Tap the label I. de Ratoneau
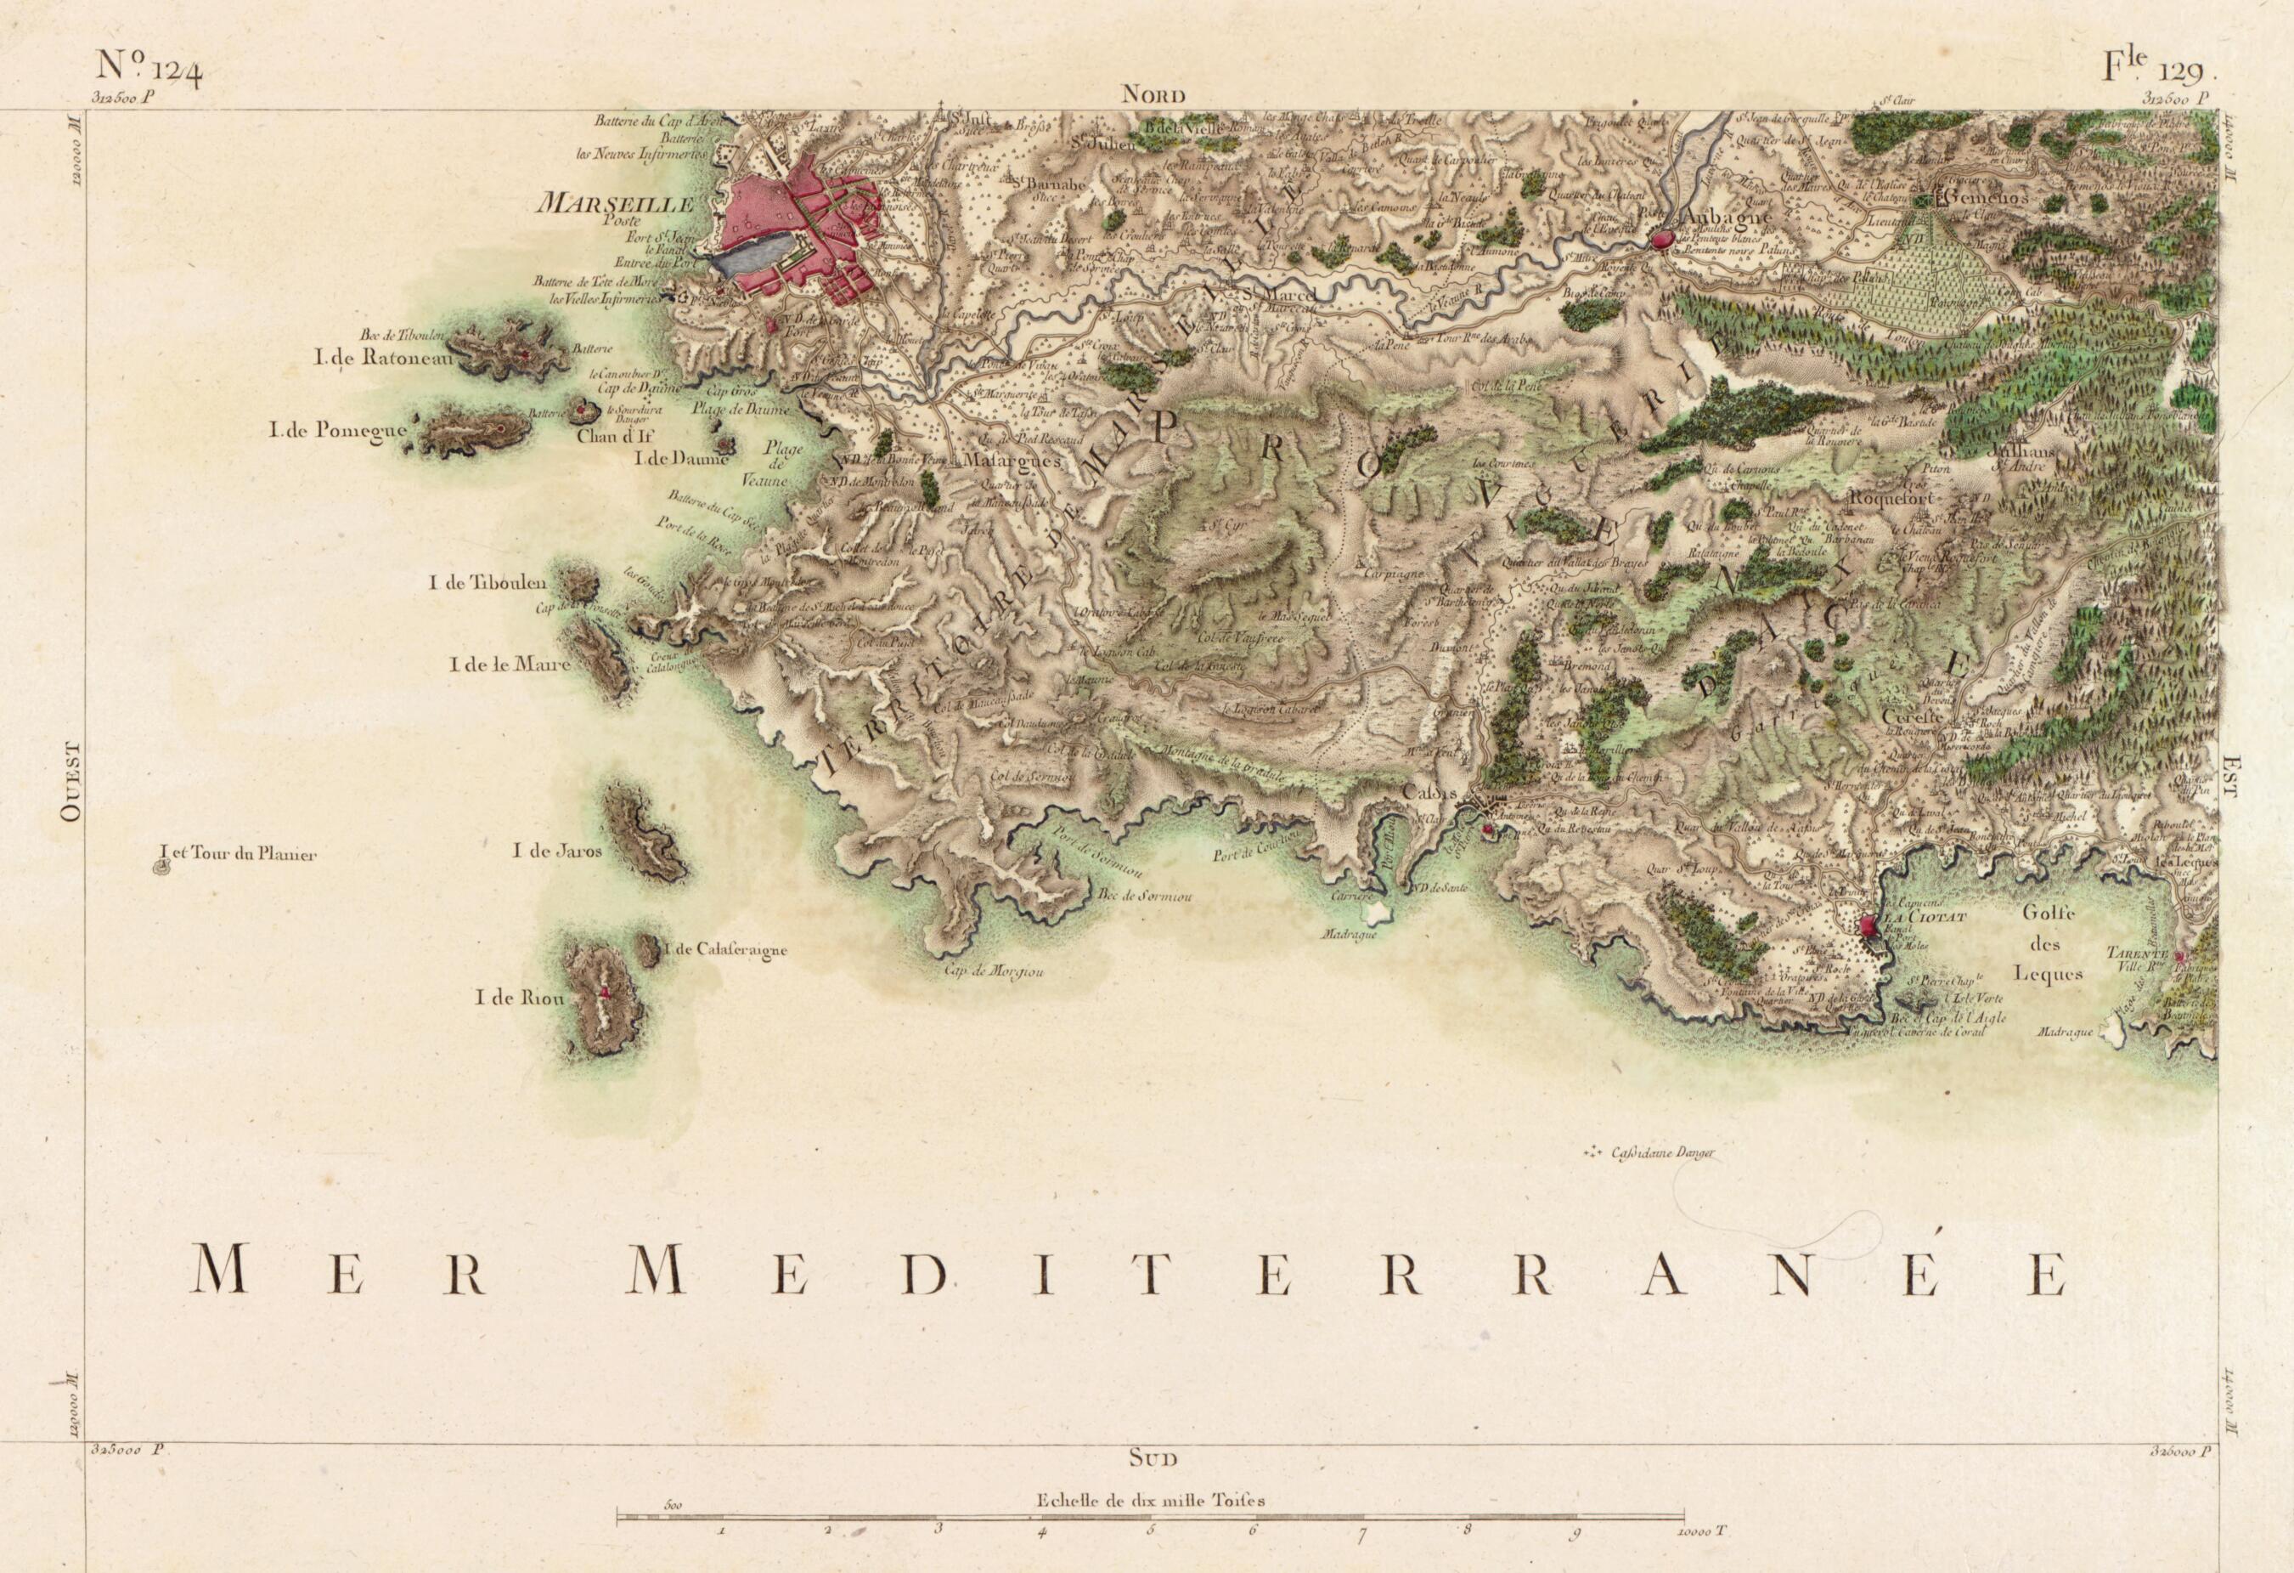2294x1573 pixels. [384, 359]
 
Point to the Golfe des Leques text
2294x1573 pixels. [2051, 943]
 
